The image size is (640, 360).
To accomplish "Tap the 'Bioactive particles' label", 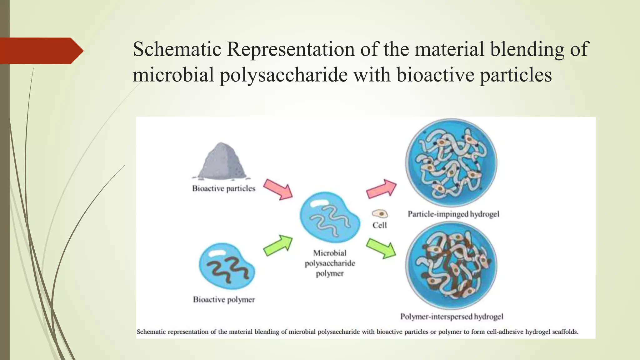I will point(223,188).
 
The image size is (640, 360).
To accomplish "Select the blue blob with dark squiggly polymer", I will point(227,267).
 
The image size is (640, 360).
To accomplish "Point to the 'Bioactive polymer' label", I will point(224,300).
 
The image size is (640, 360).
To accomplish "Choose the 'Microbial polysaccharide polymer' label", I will point(330,263).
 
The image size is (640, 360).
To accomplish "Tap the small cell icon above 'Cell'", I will point(380,214).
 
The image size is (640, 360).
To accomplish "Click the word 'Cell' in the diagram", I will point(379,225).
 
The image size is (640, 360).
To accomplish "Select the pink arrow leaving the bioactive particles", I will point(277,189).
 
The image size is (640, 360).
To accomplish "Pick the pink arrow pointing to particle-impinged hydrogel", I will point(381,189).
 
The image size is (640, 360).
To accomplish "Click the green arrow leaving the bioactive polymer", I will point(278,246).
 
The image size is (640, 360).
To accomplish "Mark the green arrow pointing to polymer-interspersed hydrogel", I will point(381,248).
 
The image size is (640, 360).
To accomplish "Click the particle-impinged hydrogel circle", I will point(451,163).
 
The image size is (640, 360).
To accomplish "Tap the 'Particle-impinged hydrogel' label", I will point(453,214).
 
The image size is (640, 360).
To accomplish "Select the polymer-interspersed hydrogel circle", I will point(451,265).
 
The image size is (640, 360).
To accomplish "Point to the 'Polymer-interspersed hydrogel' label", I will point(452,317).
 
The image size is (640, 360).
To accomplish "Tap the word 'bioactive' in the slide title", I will point(435,75).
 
